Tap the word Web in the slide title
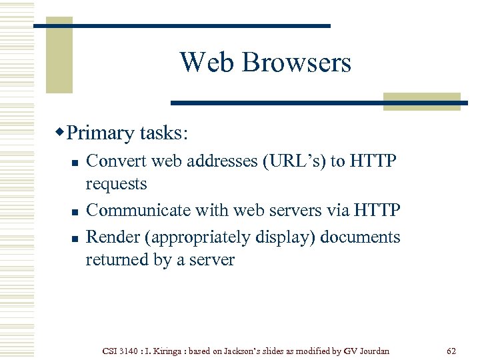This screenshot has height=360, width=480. (207, 63)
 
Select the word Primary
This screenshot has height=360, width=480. (101, 133)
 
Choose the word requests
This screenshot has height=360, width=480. (116, 183)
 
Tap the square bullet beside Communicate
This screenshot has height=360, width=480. (75, 212)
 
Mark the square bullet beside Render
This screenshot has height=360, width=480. (75, 239)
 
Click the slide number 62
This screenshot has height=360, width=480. (451, 350)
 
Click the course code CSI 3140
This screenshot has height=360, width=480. (122, 350)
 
